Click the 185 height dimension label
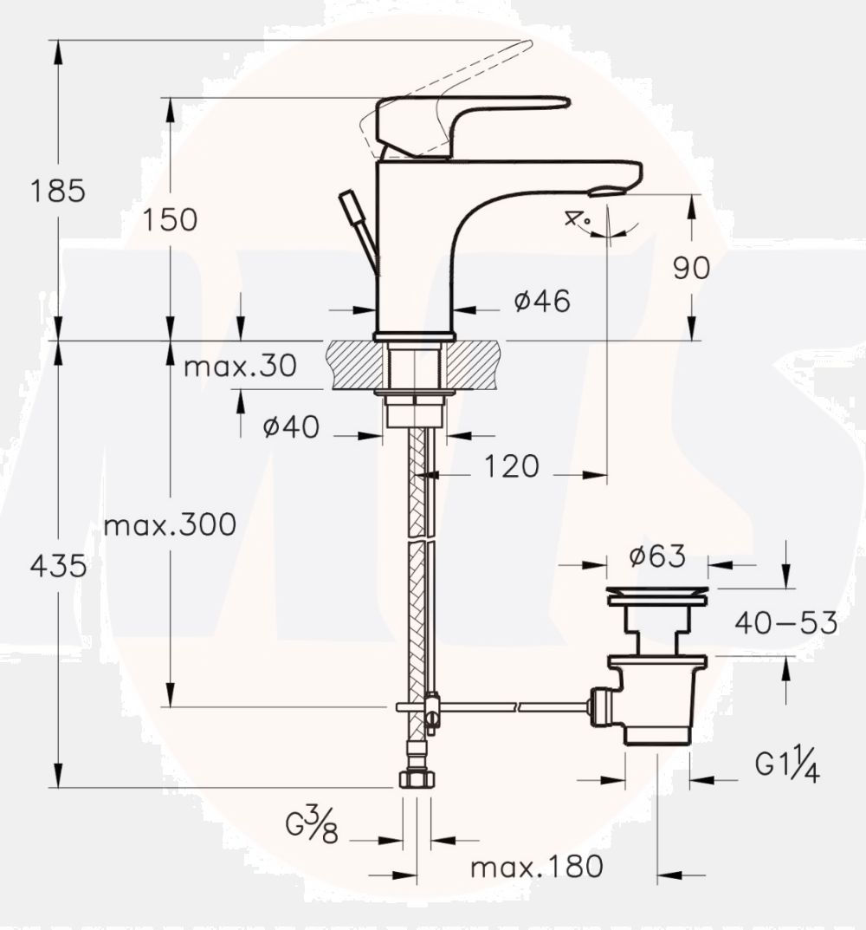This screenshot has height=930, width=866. pyautogui.click(x=59, y=190)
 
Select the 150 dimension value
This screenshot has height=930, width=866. pyautogui.click(x=170, y=219)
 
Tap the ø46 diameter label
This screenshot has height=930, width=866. pyautogui.click(x=541, y=301)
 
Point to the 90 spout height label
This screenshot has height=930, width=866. pyautogui.click(x=691, y=268)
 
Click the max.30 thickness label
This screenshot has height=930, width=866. pyautogui.click(x=240, y=366)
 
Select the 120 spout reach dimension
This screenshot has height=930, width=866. pyautogui.click(x=510, y=466)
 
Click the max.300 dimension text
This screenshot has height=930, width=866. pyautogui.click(x=170, y=524)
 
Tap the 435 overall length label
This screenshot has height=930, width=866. pyautogui.click(x=59, y=566)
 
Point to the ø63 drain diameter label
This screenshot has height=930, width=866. pyautogui.click(x=657, y=555)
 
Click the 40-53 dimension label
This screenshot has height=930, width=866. pyautogui.click(x=786, y=622)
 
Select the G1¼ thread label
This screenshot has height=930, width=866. pyautogui.click(x=787, y=765)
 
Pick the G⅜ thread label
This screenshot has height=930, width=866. pyautogui.click(x=312, y=828)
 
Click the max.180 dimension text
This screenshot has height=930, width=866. pyautogui.click(x=536, y=866)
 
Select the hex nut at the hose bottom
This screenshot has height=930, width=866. pyautogui.click(x=417, y=777)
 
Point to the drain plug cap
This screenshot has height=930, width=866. pyautogui.click(x=657, y=595)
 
